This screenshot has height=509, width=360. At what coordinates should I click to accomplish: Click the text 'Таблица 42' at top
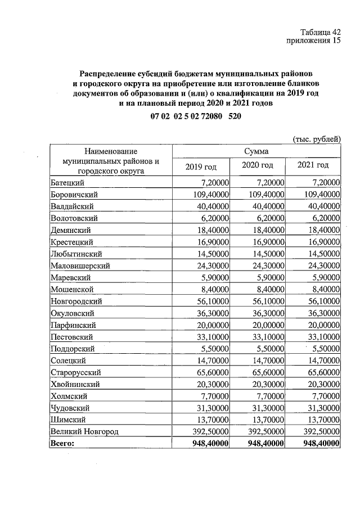(321, 31)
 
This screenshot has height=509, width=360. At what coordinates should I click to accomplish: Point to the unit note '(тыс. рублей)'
(317, 139)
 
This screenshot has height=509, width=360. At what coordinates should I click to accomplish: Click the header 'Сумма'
(256, 151)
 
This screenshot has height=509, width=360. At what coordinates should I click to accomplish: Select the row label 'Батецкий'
(67, 183)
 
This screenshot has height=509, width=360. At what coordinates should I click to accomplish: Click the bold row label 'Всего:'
(62, 443)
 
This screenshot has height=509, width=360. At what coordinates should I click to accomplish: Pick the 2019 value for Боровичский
(209, 195)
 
